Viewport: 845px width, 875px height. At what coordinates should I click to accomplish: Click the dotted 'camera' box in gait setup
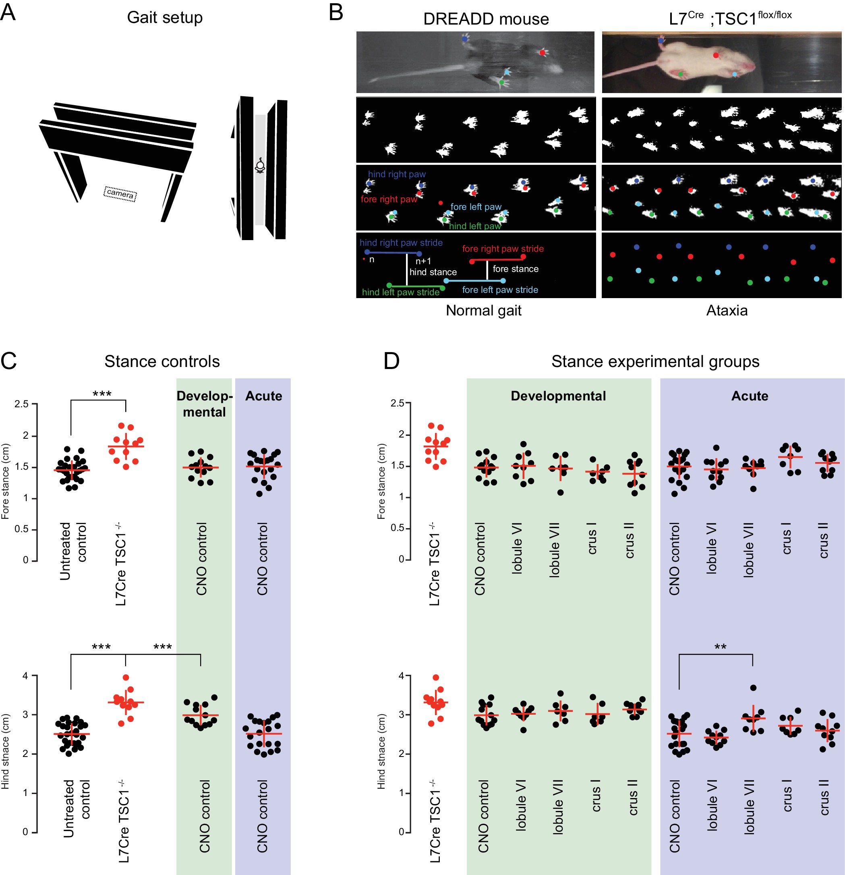pos(120,194)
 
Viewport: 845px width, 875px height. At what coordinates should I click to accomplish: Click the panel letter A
pos(8,12)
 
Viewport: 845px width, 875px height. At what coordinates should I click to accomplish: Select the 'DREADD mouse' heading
pos(486,19)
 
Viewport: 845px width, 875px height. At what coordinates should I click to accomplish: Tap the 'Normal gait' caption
pos(483,310)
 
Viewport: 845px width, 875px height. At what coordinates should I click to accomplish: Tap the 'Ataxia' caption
pos(726,310)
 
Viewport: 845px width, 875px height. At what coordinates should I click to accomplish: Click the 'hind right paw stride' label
pos(401,243)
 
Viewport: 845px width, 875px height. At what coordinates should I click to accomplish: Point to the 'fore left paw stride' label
pos(499,290)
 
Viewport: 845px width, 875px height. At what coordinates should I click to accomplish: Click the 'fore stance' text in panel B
pos(515,269)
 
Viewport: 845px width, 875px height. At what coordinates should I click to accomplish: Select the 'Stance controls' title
pos(162,361)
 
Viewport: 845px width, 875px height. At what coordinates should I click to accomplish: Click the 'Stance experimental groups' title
pos(655,361)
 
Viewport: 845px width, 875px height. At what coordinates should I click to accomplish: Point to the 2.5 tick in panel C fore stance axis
pos(21,404)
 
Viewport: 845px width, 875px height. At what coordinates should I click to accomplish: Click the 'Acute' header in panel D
pos(750,396)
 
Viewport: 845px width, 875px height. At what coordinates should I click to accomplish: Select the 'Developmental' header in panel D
pos(558,396)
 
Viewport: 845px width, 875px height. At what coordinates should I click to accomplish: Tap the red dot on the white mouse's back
pos(716,55)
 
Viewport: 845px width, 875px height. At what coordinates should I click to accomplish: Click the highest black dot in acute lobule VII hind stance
pos(753,688)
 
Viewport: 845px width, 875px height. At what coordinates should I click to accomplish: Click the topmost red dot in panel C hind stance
pos(126,678)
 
